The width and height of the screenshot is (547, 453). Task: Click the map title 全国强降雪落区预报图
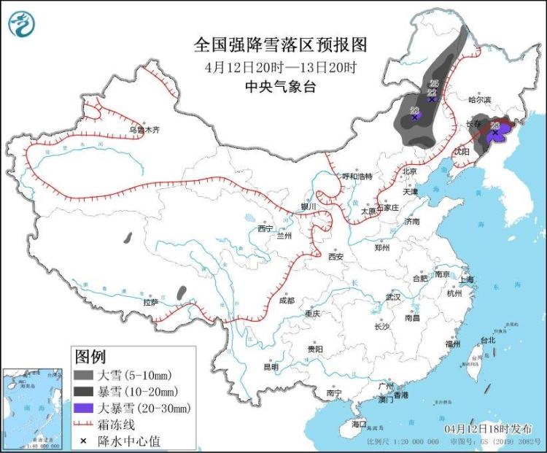tap(280, 44)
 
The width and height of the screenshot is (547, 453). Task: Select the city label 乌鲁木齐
tap(144, 130)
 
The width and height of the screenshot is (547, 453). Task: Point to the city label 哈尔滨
tap(479, 99)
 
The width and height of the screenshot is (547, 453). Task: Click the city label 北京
tap(408, 171)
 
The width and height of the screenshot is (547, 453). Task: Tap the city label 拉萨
tap(150, 301)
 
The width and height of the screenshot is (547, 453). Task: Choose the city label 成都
tap(286, 300)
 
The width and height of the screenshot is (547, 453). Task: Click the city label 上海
tap(467, 279)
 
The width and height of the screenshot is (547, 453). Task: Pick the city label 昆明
tap(271, 366)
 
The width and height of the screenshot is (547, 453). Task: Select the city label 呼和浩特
tap(357, 177)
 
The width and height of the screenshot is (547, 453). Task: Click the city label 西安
tap(335, 256)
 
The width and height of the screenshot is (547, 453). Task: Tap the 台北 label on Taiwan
tap(487, 340)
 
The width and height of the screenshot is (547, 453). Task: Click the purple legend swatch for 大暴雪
tap(85, 408)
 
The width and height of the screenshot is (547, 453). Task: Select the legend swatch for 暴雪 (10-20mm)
tap(85, 392)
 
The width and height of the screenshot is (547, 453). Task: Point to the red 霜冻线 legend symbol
tap(85, 425)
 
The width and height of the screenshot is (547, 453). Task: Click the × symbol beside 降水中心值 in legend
tap(85, 441)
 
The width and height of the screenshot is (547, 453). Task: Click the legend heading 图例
tap(90, 357)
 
